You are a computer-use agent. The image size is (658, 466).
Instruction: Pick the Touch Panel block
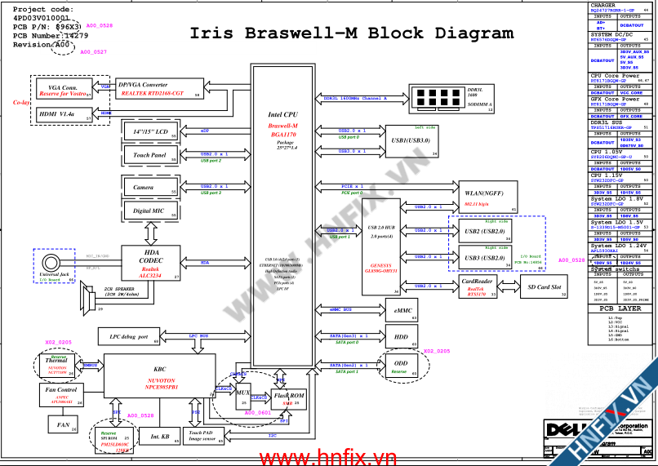tap(150, 155)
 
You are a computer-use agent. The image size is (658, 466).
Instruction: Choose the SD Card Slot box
tap(543, 287)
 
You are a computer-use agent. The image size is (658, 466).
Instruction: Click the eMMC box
tap(402, 311)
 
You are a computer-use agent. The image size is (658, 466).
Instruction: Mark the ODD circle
tap(400, 366)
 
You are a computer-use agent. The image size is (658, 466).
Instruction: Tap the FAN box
tap(62, 425)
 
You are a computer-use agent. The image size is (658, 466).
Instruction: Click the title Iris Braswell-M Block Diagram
tap(352, 33)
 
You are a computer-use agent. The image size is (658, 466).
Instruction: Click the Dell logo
tap(559, 429)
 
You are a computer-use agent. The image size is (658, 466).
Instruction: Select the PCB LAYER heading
tap(620, 309)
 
